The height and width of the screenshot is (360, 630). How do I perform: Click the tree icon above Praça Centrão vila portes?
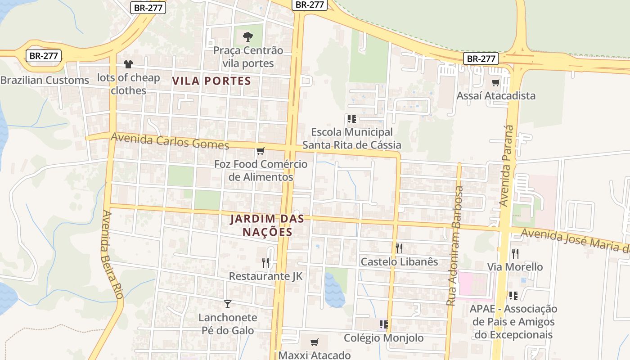(247, 36)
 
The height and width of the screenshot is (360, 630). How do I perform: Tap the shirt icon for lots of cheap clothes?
(128, 64)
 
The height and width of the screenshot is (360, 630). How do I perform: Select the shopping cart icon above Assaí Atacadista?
(495, 82)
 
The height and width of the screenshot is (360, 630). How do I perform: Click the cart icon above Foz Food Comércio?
(260, 151)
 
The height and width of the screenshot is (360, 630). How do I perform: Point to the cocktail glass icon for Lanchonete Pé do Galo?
(228, 304)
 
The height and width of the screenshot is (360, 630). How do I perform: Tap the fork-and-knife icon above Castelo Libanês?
(399, 248)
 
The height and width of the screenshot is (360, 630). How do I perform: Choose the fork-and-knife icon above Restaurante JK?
(265, 262)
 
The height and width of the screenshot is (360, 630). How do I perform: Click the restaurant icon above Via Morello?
(515, 253)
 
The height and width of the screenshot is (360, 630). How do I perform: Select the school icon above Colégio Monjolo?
(383, 324)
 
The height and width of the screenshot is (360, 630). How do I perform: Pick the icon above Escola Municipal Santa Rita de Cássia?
(351, 119)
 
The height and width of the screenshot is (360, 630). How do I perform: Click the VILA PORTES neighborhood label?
(211, 81)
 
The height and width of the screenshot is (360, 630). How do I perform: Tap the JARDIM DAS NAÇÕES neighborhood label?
(267, 225)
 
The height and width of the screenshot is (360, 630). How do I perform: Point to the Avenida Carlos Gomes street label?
(170, 141)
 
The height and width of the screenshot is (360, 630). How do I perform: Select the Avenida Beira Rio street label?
(112, 255)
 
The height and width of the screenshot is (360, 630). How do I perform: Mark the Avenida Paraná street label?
(506, 166)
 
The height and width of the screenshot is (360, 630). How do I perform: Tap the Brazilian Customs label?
(45, 80)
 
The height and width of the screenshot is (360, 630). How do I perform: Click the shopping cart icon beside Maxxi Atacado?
(314, 342)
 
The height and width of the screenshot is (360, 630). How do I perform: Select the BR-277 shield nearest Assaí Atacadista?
(481, 58)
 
